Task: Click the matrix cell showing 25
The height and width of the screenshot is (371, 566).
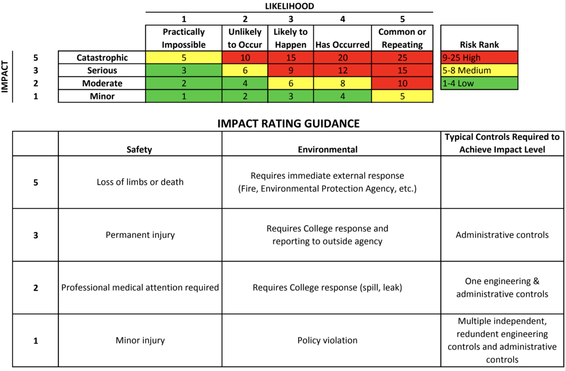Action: pos(402,57)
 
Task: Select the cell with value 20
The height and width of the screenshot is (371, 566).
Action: pos(342,57)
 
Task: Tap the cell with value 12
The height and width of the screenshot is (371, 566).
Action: pos(342,70)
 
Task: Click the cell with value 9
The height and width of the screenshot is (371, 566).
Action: pos(290,70)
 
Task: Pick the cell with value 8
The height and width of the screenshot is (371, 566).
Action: pos(342,83)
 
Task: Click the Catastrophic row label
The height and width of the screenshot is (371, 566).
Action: pos(102,57)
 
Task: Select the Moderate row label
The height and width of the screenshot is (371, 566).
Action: pos(102,83)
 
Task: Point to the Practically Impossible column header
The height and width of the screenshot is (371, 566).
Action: pos(184,38)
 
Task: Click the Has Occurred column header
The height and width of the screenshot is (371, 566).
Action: pos(342,44)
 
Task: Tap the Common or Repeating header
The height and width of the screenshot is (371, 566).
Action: pos(402,38)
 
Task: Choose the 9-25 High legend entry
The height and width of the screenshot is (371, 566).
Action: pos(479,57)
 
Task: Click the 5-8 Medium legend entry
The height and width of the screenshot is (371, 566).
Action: pos(479,70)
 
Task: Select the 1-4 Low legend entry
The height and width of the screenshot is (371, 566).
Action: pos(479,83)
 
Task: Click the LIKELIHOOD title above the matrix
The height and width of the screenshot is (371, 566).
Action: pos(289,6)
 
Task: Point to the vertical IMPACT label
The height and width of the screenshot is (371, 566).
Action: pos(5,77)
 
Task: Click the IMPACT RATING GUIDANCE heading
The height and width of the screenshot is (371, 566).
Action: pos(288,123)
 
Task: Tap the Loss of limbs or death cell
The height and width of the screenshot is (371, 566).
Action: pos(140,182)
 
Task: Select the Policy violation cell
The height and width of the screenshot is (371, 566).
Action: pos(327,340)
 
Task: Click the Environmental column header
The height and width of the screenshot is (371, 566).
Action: pos(327,149)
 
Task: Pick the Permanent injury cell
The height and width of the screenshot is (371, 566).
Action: pos(140,235)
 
